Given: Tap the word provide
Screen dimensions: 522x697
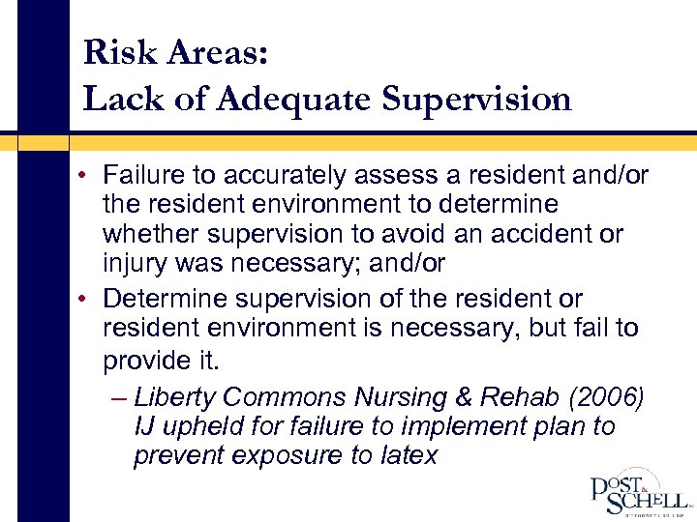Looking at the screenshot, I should (x=151, y=361).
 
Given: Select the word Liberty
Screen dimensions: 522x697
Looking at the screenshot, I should (x=177, y=396).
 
